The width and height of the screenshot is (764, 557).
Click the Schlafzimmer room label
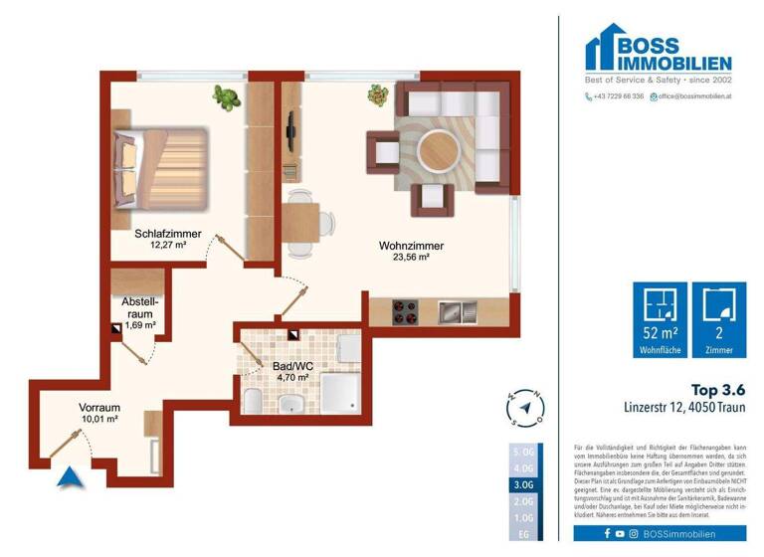pos(168,234)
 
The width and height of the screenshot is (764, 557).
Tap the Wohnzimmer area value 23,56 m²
pos(411,259)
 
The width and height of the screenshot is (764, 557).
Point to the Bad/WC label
pos(292,365)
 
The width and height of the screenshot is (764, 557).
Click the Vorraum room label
pos(99,407)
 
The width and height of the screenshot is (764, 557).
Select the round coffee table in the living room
pos(438,151)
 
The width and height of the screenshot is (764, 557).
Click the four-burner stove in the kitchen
pos(407,312)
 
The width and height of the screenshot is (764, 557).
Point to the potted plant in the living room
pos(378,94)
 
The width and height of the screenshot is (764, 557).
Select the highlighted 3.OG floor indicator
pos(524,484)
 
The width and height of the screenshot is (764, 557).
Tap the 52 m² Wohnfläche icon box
pos(660,321)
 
